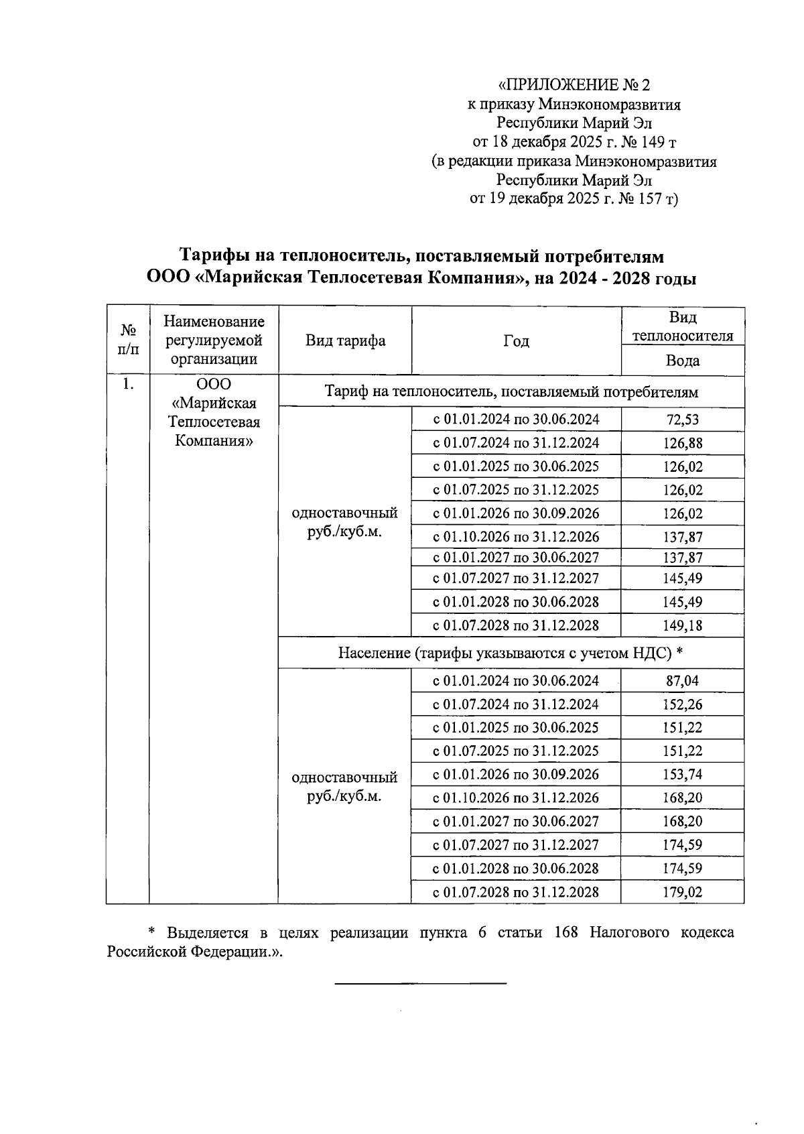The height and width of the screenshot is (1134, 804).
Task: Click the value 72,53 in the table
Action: (x=682, y=420)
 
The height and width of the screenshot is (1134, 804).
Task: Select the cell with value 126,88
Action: (x=682, y=444)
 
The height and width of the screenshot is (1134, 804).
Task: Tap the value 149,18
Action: (x=682, y=626)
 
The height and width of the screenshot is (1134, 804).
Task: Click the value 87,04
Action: (x=682, y=681)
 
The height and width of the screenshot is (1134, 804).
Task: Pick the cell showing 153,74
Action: (x=682, y=775)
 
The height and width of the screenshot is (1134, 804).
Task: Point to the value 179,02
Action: (x=682, y=893)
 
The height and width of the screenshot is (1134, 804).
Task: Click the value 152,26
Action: (x=682, y=704)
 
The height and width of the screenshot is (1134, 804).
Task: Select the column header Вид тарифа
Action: (x=345, y=340)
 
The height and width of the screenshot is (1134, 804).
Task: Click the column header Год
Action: (x=516, y=341)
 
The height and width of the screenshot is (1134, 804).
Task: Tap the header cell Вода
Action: (x=682, y=361)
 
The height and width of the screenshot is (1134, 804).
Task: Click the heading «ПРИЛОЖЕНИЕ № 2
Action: (x=574, y=85)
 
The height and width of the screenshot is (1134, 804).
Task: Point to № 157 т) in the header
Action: (x=649, y=199)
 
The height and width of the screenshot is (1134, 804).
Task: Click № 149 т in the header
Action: (x=644, y=142)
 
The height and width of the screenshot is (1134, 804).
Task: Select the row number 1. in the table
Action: (x=127, y=385)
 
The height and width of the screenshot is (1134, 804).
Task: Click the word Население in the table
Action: (x=373, y=653)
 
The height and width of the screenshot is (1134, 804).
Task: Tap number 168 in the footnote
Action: (x=566, y=933)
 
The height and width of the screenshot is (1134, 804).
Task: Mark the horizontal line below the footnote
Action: (x=420, y=983)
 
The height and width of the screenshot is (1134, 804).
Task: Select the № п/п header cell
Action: (x=127, y=340)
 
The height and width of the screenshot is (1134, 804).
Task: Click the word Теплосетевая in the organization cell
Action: (x=214, y=422)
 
